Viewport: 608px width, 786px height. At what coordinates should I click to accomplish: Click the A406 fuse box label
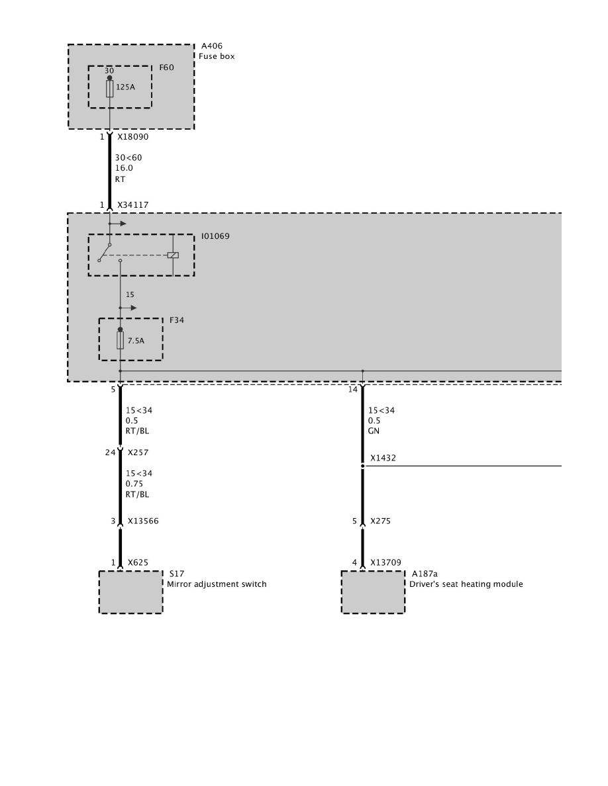click(212, 46)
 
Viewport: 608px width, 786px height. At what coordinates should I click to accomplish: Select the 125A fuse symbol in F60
click(110, 89)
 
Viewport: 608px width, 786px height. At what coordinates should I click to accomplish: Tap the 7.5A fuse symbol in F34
click(120, 341)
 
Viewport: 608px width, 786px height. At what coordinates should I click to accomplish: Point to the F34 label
click(177, 320)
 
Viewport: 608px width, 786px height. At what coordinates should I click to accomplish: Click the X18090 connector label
click(132, 137)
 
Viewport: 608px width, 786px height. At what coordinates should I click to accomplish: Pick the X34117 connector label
click(132, 205)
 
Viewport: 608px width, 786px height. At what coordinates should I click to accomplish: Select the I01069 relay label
click(215, 236)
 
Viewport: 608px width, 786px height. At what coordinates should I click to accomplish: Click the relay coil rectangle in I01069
click(173, 255)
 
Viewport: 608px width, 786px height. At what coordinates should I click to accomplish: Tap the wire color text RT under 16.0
click(121, 179)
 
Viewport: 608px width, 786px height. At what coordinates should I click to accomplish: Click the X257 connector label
click(138, 453)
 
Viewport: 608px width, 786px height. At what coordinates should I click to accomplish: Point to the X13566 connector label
click(143, 521)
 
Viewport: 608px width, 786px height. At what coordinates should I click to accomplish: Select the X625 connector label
click(138, 563)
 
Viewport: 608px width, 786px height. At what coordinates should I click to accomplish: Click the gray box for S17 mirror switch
click(130, 592)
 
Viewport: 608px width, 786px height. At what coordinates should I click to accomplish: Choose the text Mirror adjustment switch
click(217, 584)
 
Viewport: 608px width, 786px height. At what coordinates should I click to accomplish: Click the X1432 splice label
click(383, 458)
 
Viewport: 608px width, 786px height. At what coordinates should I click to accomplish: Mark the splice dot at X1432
click(362, 466)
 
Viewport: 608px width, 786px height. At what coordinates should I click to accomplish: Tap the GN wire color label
click(374, 431)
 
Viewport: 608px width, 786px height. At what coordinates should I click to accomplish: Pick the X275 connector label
click(380, 521)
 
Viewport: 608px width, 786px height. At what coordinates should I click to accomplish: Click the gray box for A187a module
click(373, 592)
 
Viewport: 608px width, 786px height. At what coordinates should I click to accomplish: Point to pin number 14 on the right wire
click(353, 390)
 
